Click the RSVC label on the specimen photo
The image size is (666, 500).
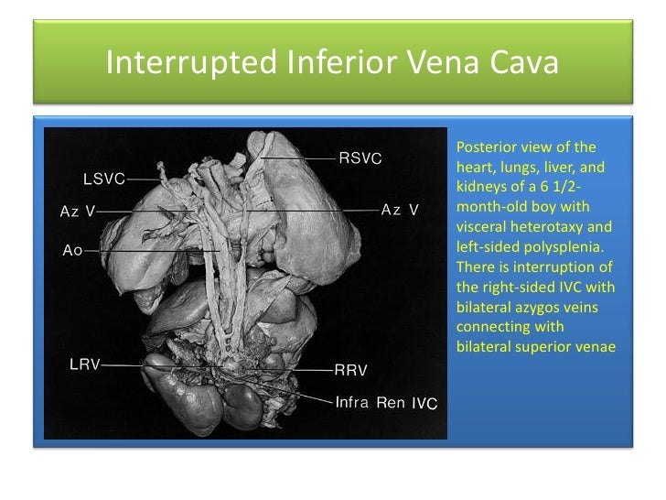point(360,158)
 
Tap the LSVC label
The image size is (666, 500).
point(103,178)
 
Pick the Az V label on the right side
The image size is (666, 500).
point(400,210)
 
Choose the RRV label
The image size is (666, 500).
point(350,370)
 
